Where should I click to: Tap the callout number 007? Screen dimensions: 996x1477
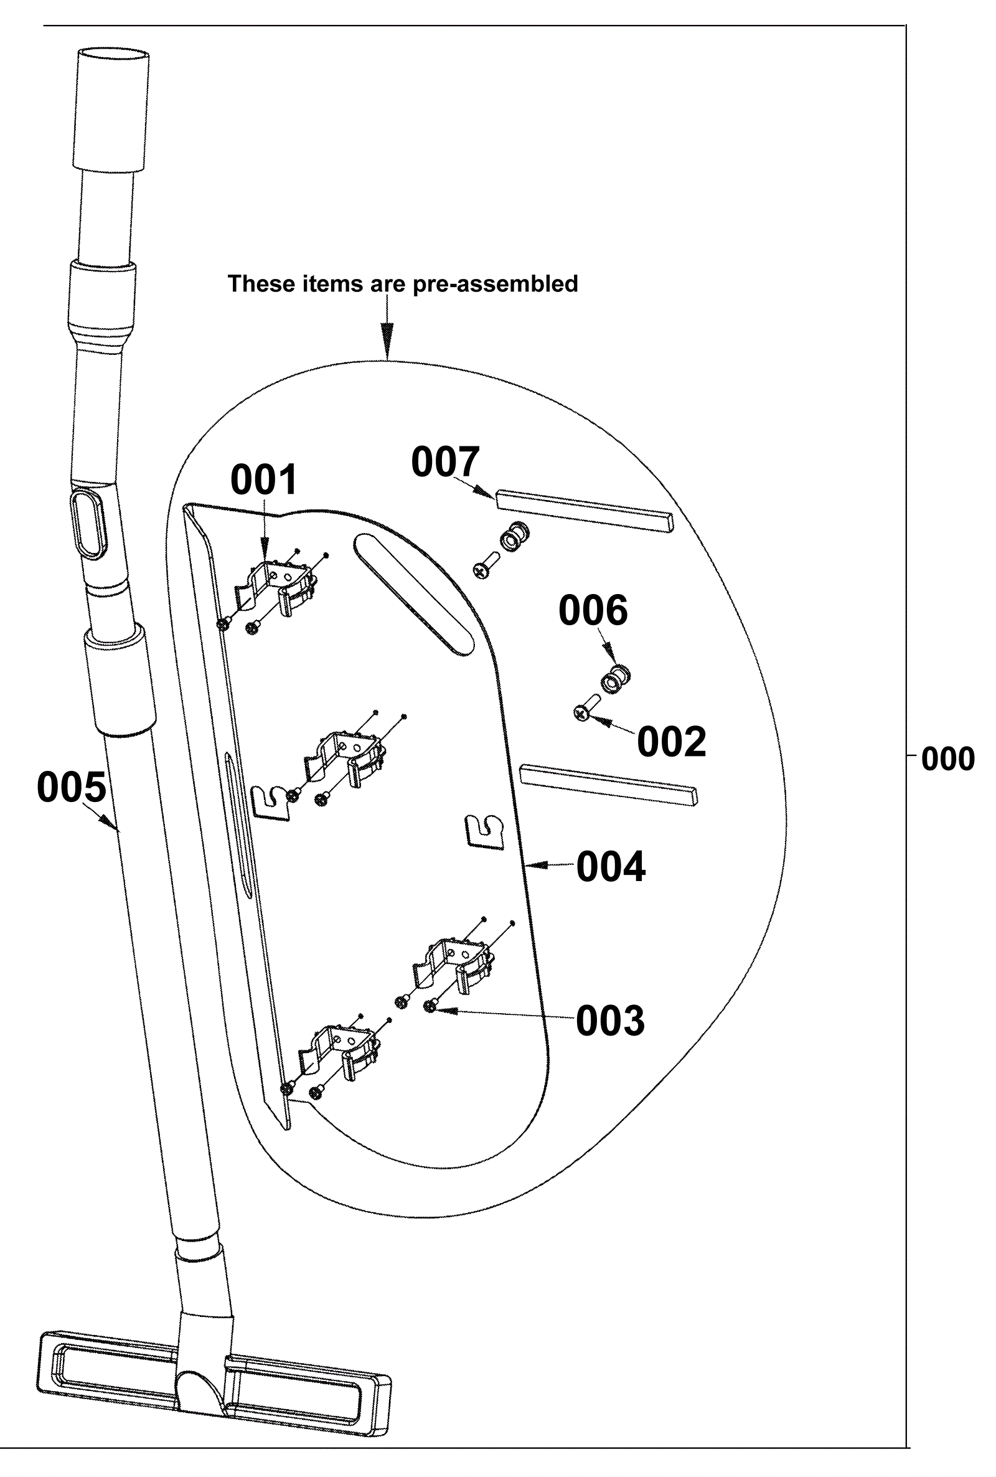click(445, 462)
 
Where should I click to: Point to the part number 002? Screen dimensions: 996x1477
click(672, 742)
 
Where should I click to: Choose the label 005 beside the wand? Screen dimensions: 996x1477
click(72, 788)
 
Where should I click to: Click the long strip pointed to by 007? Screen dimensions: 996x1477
click(585, 510)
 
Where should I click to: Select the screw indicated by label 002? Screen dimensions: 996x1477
click(587, 709)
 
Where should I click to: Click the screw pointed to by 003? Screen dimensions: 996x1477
click(431, 1006)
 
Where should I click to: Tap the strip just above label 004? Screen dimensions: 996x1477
click(609, 785)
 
